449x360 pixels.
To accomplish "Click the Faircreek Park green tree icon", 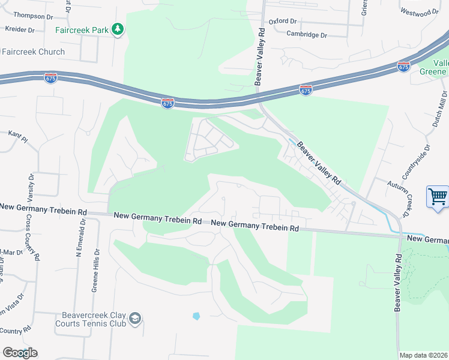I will click(x=118, y=29).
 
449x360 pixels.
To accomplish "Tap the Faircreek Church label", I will click(x=33, y=52).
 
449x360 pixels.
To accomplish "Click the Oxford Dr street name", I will click(x=283, y=21).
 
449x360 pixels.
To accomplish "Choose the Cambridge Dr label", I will click(x=306, y=35).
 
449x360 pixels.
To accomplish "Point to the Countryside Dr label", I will click(x=417, y=162).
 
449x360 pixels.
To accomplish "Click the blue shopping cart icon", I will click(x=438, y=196).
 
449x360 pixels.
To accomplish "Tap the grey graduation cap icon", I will click(x=136, y=318).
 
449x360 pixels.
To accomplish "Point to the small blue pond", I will click(x=196, y=316).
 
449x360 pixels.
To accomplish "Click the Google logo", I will click(x=20, y=353).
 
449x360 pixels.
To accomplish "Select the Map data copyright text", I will click(x=423, y=355).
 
